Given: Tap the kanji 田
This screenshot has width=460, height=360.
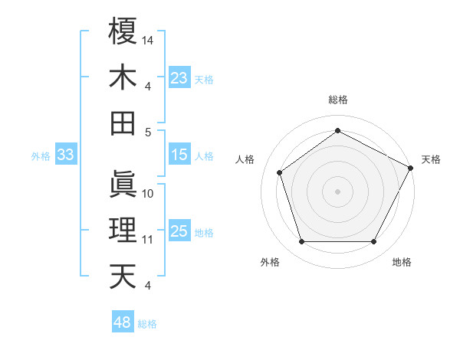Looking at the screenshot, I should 123,123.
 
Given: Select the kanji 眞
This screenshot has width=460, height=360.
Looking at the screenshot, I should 123,184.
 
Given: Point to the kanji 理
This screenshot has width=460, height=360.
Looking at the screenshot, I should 123,230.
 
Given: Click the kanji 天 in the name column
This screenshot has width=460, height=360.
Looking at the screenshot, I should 123,276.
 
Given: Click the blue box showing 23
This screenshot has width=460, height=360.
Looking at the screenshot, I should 179,78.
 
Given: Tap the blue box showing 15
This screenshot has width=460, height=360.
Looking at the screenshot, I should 179,155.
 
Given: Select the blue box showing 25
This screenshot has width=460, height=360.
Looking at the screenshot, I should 179,232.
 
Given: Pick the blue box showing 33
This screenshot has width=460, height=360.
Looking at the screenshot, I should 65,155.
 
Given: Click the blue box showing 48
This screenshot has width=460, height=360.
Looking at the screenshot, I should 123,322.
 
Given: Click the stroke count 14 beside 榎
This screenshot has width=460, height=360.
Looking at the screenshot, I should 148,39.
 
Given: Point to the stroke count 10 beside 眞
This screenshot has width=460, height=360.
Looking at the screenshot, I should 148,193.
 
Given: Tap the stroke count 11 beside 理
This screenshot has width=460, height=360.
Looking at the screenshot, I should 148,240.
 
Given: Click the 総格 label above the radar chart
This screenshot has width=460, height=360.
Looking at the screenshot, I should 337,100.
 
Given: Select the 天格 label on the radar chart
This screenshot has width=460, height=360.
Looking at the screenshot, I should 432,159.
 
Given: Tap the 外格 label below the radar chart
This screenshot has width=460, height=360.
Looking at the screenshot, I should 270,263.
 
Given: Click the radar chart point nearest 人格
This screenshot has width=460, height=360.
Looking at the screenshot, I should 279,172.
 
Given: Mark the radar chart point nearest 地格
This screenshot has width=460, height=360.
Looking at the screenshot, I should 374,242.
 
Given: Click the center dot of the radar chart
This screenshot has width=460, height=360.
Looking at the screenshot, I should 337,191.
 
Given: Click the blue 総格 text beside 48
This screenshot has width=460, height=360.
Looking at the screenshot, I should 147,324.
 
